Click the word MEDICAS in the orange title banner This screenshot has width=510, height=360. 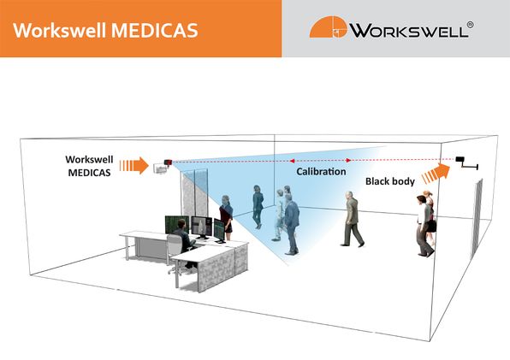point(155,31)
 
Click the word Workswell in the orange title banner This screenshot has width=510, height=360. point(60,31)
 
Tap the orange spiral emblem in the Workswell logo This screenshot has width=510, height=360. point(329,27)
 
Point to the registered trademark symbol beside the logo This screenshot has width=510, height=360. point(470,25)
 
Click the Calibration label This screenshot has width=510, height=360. point(321,172)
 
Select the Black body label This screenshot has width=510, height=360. point(390,181)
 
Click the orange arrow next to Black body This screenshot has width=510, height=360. point(436,174)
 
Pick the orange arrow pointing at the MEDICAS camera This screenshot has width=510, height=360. point(134,165)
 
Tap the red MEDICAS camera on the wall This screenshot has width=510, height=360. point(168,162)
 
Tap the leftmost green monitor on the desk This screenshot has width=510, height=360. point(176,224)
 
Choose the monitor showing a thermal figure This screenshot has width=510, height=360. point(202,227)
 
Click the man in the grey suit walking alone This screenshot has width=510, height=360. point(352,219)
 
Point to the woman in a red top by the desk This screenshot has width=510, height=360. point(226,217)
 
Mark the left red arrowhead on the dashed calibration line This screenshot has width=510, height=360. point(292,161)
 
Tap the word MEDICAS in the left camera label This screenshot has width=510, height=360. point(90,173)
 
